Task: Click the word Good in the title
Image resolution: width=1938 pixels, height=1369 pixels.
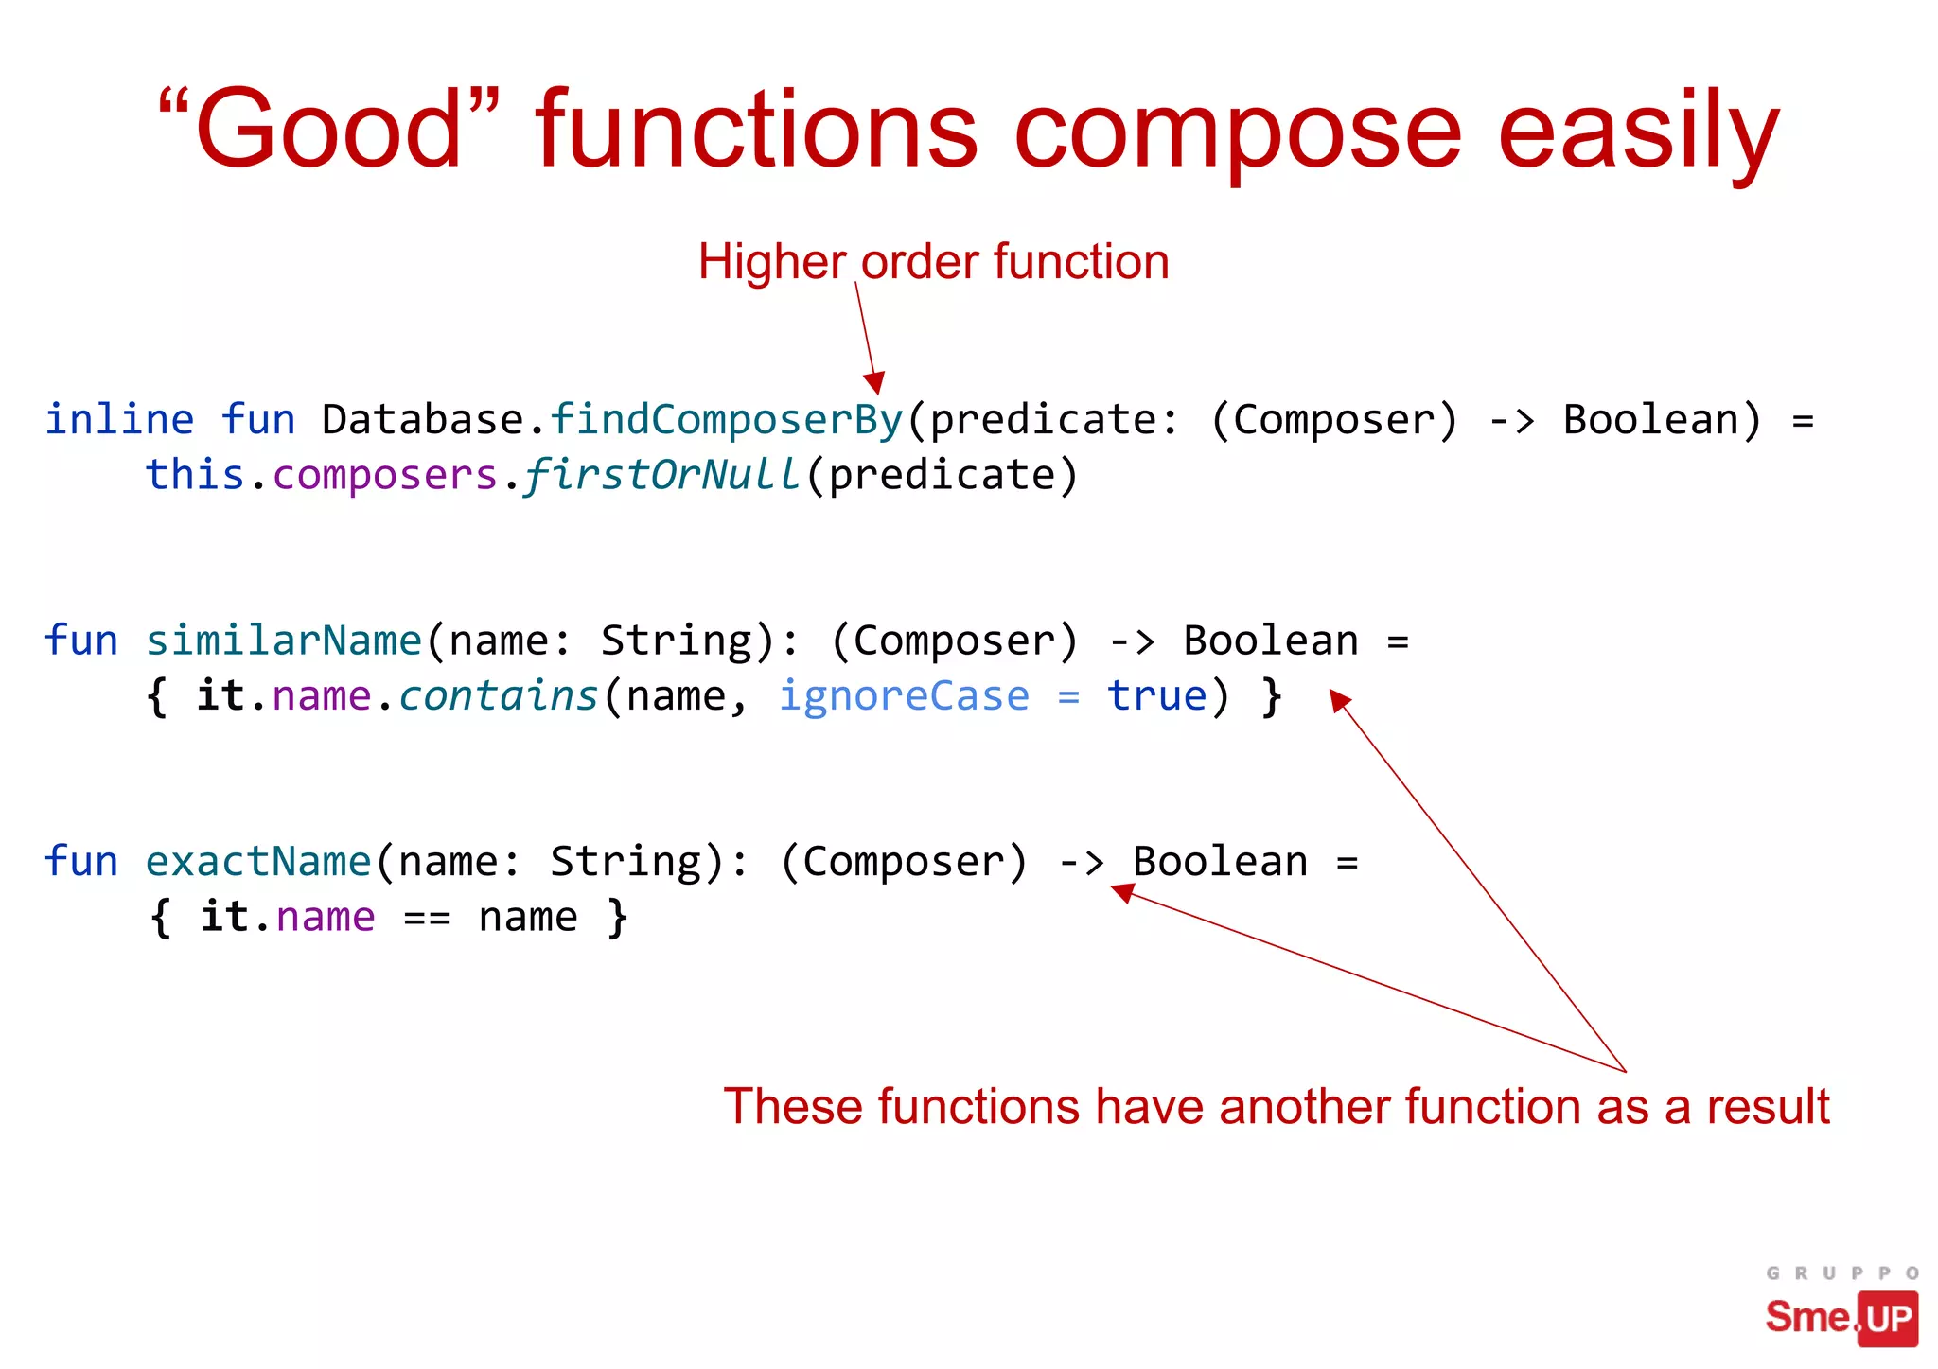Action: tap(326, 130)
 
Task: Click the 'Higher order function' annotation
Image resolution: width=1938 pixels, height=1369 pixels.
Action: tap(933, 261)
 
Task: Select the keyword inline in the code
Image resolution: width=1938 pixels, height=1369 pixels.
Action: tap(120, 419)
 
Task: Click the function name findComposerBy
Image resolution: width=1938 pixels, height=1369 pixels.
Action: tap(726, 419)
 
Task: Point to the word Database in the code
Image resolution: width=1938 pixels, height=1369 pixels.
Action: tap(423, 419)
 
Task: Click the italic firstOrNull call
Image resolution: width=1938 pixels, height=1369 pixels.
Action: tap(661, 475)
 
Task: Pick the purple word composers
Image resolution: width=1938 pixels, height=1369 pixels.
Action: tap(385, 475)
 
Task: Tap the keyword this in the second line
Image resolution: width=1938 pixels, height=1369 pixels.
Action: tap(195, 475)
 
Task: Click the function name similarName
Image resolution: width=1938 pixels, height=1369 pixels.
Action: tap(283, 641)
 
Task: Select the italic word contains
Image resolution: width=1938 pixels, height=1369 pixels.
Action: tap(499, 696)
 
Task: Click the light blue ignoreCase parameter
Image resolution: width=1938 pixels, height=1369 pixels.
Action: tap(904, 696)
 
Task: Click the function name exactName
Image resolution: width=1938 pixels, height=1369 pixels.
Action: tap(257, 862)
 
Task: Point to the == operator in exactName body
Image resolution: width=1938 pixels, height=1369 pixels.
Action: tap(427, 918)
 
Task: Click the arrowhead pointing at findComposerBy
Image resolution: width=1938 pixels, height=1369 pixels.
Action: tap(875, 382)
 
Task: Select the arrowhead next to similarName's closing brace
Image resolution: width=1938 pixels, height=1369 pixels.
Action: tap(1339, 700)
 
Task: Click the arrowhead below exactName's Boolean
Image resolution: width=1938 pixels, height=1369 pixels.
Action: tap(1122, 891)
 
